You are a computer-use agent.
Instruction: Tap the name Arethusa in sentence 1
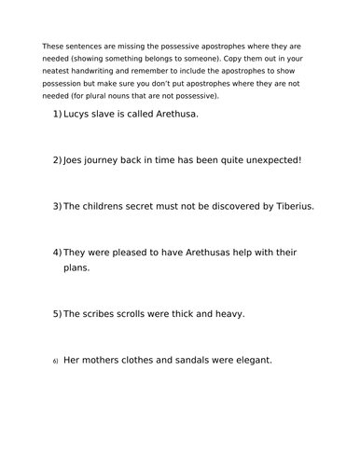point(172,115)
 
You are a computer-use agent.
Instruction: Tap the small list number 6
point(55,361)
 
